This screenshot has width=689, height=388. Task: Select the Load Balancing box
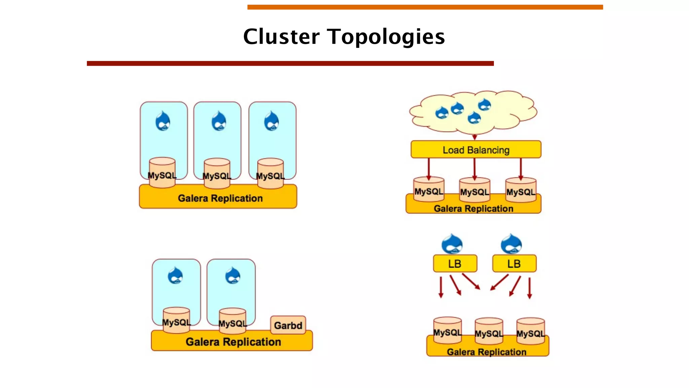[x=476, y=150]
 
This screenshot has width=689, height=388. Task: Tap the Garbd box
[x=288, y=325]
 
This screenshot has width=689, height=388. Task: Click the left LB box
[x=455, y=263]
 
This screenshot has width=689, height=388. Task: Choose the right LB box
[x=514, y=263]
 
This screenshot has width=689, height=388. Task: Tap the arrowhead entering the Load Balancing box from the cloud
[x=475, y=137]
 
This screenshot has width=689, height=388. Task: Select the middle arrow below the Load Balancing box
[x=475, y=169]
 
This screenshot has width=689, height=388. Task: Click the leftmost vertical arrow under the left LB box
[x=441, y=287]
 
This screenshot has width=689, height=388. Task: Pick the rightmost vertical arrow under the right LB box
[x=530, y=288]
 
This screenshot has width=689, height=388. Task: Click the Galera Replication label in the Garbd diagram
[x=233, y=342]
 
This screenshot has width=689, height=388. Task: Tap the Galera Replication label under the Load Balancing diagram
[x=473, y=208]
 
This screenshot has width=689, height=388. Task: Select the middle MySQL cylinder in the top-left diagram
[x=217, y=173]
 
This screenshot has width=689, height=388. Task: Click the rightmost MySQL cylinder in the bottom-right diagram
[x=531, y=331]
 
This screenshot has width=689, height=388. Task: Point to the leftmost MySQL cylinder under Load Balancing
[x=429, y=189]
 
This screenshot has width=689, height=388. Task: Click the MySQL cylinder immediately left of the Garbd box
[x=232, y=321]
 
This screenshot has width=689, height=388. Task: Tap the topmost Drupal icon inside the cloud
[x=484, y=104]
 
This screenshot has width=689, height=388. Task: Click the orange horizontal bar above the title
[x=425, y=7]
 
